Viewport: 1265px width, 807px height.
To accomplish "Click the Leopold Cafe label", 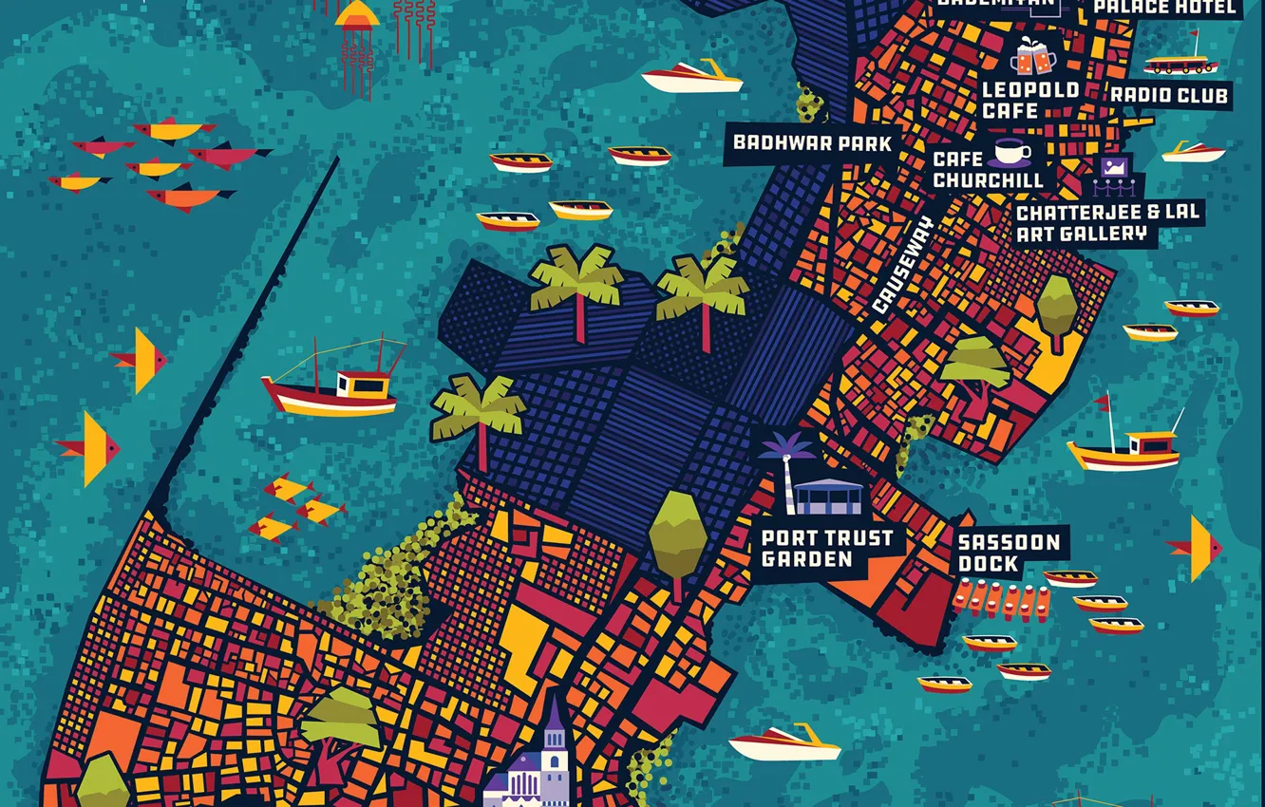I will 1029,101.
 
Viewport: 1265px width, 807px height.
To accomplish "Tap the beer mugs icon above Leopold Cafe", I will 1033,59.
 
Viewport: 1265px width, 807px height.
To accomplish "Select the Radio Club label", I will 1169,95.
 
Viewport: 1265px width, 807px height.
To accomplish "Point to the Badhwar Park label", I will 812,143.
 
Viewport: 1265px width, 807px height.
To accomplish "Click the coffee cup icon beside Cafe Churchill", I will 1012,152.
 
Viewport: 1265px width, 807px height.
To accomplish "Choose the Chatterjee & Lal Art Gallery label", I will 1107,223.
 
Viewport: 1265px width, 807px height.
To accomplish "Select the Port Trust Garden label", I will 826,548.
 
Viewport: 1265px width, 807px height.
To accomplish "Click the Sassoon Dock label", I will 1008,553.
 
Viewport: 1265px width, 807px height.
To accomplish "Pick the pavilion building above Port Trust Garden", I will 827,497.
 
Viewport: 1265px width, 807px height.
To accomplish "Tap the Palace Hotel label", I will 1165,9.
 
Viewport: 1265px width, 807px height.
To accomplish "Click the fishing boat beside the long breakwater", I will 332,385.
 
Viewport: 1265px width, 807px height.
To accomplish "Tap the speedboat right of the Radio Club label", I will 1193,152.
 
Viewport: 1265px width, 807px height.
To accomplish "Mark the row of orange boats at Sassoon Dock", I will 1002,601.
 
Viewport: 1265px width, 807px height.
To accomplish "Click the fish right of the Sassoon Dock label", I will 1197,548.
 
